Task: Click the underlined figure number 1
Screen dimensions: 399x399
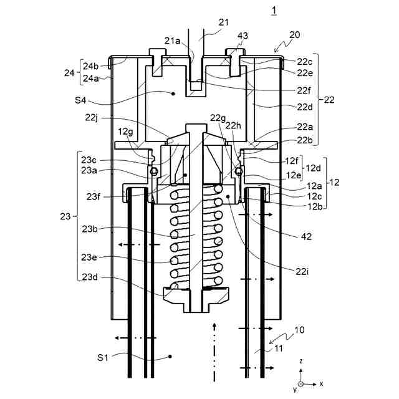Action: click(x=274, y=11)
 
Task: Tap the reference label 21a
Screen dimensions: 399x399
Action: click(x=172, y=41)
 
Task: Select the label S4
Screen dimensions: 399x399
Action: click(x=80, y=100)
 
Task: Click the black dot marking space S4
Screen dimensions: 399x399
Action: click(x=173, y=94)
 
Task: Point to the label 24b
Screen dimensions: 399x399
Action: click(x=90, y=66)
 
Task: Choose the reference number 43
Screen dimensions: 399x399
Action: click(x=243, y=36)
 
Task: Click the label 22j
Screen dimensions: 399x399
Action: click(x=92, y=118)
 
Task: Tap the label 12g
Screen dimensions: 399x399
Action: click(x=125, y=132)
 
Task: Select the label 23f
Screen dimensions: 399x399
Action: click(x=93, y=196)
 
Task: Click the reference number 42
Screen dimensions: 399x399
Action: click(x=306, y=237)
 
